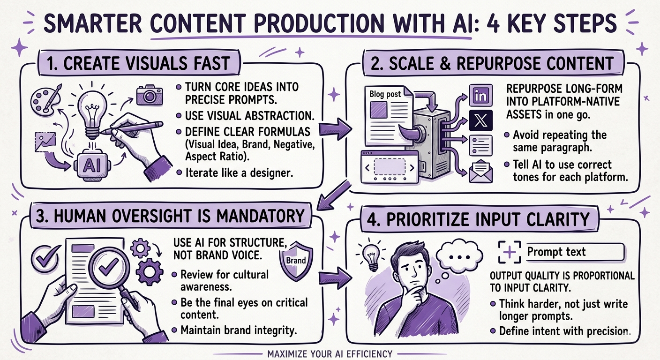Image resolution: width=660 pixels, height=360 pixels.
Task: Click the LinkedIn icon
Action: click(480, 96)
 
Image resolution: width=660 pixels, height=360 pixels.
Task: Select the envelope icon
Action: click(481, 171)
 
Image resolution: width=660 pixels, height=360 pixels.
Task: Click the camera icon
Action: click(150, 95)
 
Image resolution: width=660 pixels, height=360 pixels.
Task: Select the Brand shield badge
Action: click(296, 261)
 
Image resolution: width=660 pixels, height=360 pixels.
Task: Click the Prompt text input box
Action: click(576, 252)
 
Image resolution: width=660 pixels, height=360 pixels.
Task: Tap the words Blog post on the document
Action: click(385, 94)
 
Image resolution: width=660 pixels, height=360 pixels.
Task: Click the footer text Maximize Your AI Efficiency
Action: click(330, 352)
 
